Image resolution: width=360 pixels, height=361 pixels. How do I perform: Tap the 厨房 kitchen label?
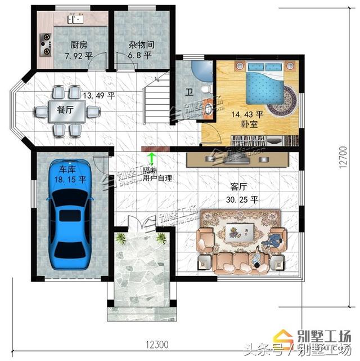[x=78, y=46]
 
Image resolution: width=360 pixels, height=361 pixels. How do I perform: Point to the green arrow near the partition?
[x=150, y=160]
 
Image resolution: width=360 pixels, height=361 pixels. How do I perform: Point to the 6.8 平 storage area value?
[x=140, y=56]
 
